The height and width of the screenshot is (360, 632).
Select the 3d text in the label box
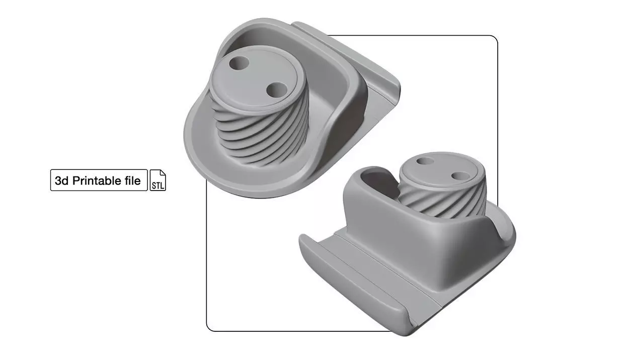coord(61,181)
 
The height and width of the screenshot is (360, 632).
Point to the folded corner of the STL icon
coord(163,172)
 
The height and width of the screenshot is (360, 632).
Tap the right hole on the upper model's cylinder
coord(276,91)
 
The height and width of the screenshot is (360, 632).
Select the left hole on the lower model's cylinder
coord(425,161)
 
